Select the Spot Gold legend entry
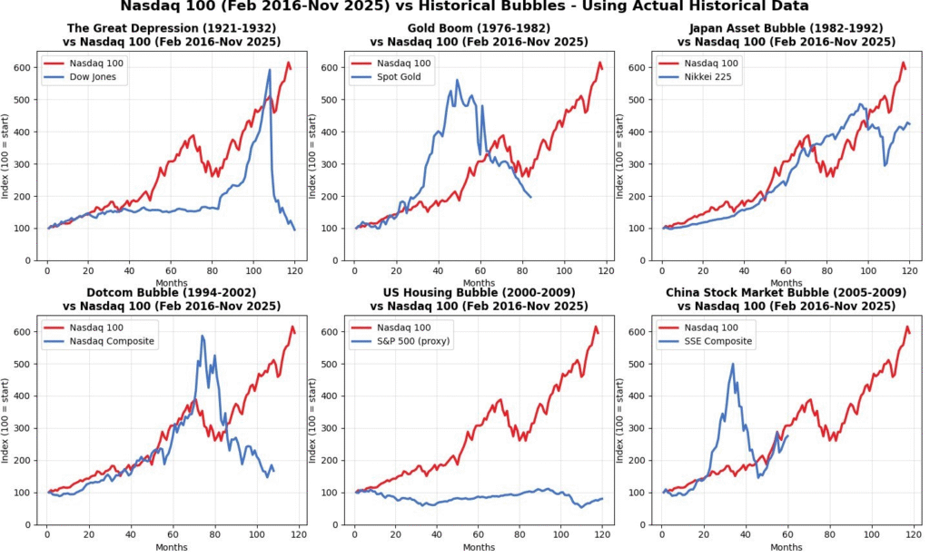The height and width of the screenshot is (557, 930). coord(397,78)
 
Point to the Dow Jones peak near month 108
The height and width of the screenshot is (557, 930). coord(270,70)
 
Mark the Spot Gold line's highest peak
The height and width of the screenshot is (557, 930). coord(458,80)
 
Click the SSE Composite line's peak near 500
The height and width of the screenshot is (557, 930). coord(733,365)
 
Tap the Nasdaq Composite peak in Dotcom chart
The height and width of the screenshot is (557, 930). coord(202,337)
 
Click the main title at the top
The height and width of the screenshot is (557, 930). coord(464,7)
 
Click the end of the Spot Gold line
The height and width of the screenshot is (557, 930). coord(531,198)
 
